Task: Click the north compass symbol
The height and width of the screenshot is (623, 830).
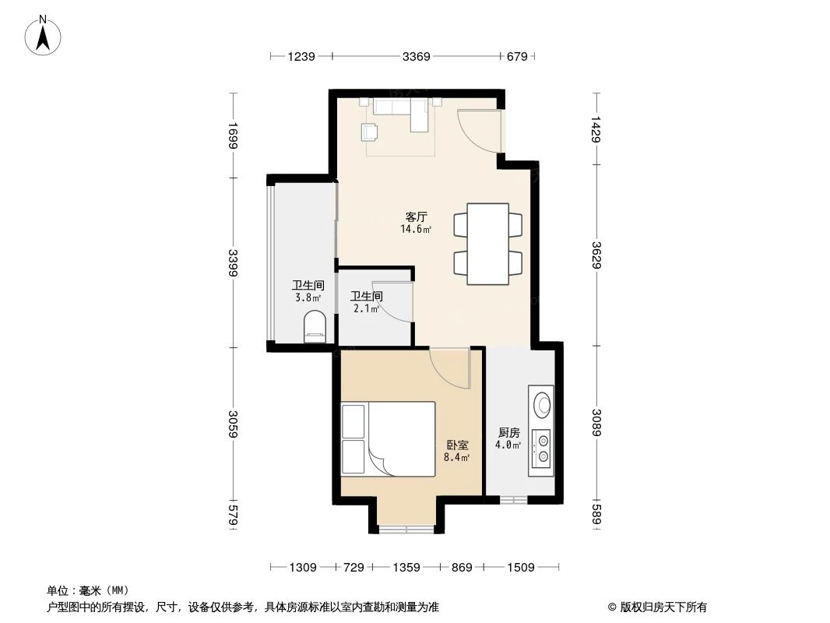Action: pos(44,34)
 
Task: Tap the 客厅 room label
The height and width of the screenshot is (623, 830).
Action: pos(416,217)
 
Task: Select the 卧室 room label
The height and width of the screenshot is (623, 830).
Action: pos(457,445)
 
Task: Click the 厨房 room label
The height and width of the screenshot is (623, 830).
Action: pos(508,433)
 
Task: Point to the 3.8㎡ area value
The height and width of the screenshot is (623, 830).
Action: pos(308,297)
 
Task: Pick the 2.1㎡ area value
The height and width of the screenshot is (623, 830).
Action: pos(365,308)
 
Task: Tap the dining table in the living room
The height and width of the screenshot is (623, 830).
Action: pos(487,243)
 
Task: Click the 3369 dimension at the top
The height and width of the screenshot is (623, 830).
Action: pos(417,56)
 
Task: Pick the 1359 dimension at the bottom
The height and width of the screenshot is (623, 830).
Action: pos(406,568)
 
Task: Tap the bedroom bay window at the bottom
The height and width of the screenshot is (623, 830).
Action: pos(406,530)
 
